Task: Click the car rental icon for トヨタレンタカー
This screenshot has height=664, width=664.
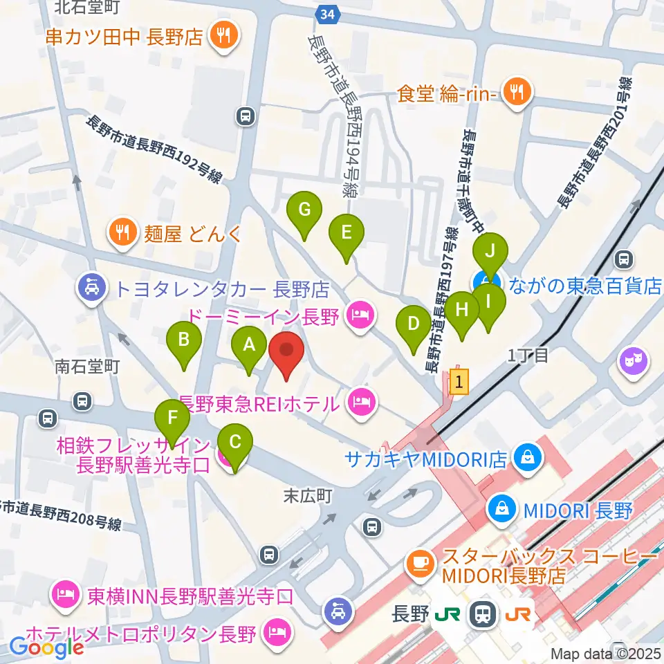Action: (91, 286)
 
